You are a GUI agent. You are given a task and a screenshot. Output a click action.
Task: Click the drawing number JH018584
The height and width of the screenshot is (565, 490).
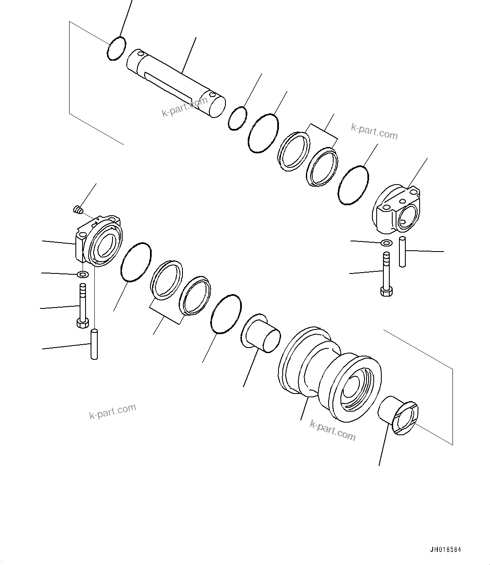pos(445,550)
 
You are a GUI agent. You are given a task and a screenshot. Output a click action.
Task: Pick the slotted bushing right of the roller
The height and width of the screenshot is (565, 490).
pos(398,415)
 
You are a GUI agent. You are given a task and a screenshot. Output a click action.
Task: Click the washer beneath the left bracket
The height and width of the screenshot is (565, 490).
pos(83,275)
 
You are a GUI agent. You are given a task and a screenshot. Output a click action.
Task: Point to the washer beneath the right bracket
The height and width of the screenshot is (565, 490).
pos(386,243)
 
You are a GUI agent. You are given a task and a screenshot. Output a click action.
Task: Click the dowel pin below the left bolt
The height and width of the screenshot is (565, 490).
pos(94,344)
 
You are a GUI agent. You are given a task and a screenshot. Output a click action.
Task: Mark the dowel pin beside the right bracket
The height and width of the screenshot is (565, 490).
pos(402,252)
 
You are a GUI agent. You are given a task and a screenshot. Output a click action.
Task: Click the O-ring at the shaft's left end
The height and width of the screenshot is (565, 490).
pos(116,48)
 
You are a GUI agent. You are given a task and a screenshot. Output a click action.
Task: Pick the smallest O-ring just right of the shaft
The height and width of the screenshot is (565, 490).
pos(238,118)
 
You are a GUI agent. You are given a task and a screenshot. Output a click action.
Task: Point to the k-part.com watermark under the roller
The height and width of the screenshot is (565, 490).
pos(332,429)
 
